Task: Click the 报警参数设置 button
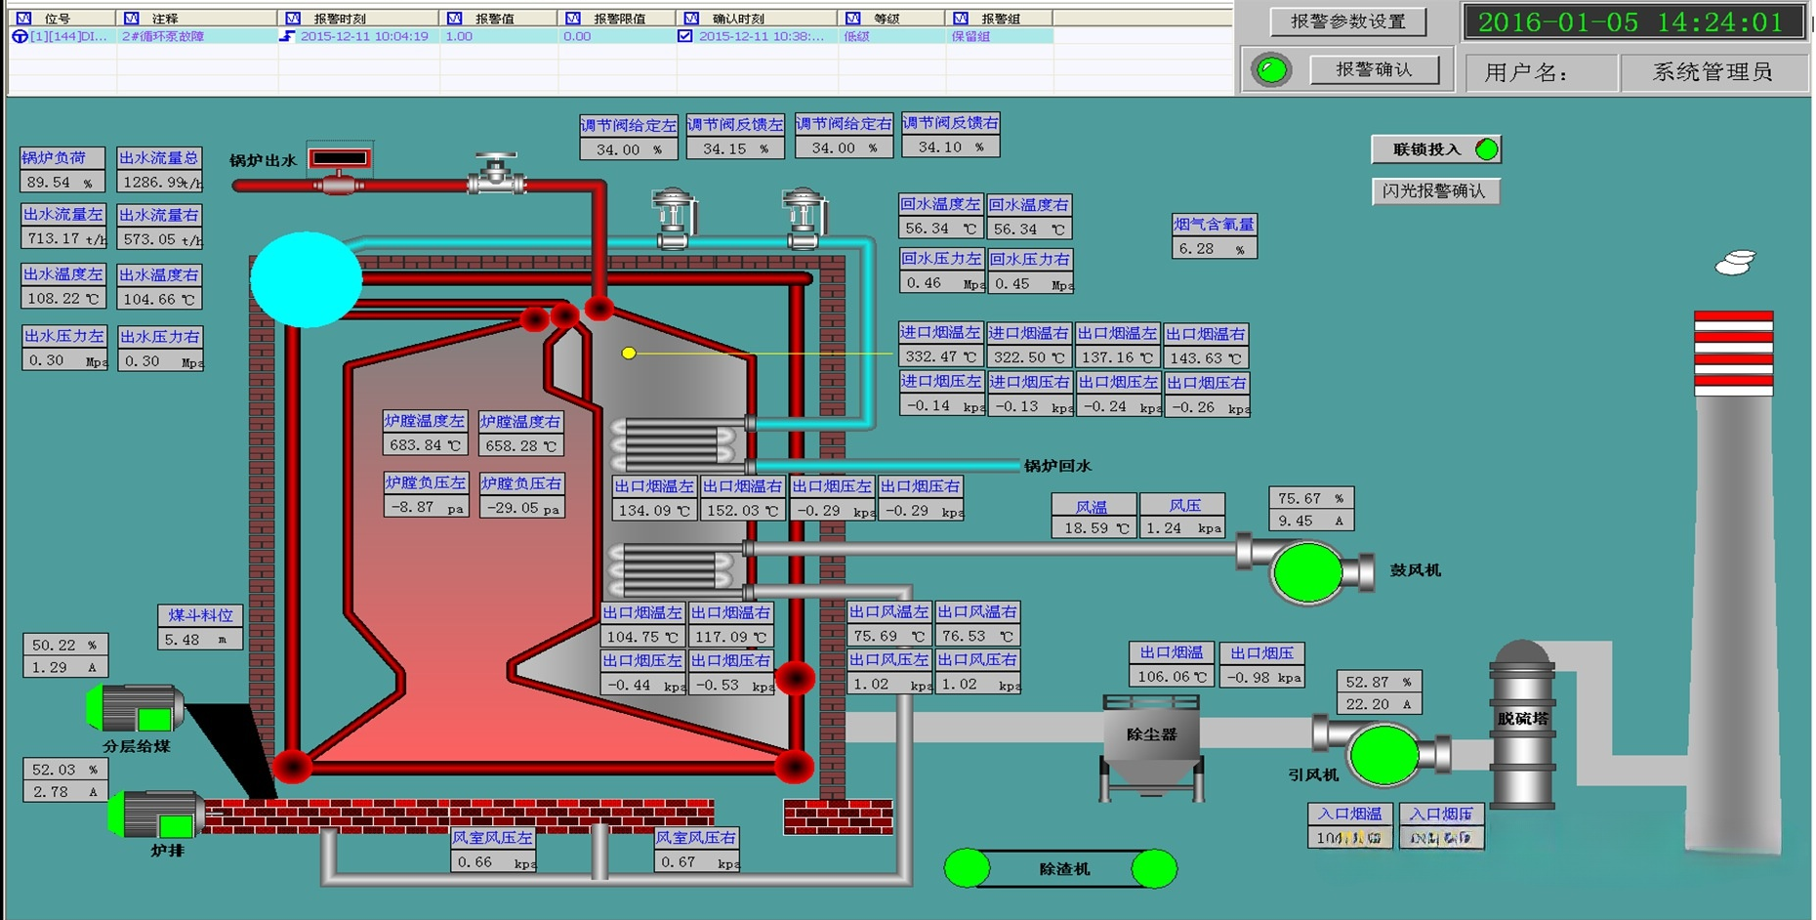1347,21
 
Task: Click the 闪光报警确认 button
1434,191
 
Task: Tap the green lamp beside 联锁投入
1486,149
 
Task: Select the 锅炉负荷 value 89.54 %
62,182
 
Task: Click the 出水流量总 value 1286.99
159,182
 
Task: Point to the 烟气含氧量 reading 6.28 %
1214,249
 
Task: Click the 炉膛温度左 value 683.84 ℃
425,445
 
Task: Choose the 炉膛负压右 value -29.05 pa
521,508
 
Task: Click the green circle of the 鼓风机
1307,571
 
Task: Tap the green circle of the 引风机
1383,754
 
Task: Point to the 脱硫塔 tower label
1522,719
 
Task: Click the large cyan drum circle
307,279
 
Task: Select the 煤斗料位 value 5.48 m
200,640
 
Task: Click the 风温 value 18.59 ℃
1093,528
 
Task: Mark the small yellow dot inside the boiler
629,354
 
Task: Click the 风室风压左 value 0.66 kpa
493,862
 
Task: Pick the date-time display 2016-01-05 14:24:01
1630,22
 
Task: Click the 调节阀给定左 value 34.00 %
628,149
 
